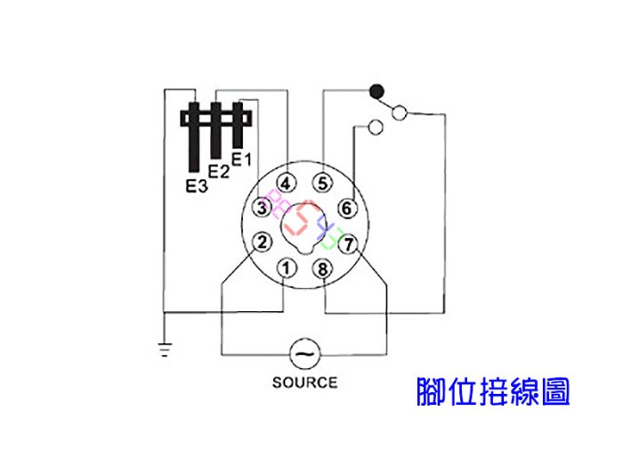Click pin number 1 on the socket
pyautogui.click(x=287, y=268)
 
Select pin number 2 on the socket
pyautogui.click(x=263, y=242)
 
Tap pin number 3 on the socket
pyautogui.click(x=262, y=208)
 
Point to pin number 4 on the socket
pyautogui.click(x=286, y=184)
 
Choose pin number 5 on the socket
pyautogui.click(x=322, y=184)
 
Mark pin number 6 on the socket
pyautogui.click(x=347, y=208)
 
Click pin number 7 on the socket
pyautogui.click(x=349, y=244)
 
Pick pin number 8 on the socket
pyautogui.click(x=322, y=269)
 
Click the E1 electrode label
pyautogui.click(x=241, y=160)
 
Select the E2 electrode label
pyautogui.click(x=219, y=171)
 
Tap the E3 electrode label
pyautogui.click(x=197, y=185)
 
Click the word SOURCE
pyautogui.click(x=304, y=382)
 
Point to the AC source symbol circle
pyautogui.click(x=304, y=354)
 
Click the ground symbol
pyautogui.click(x=165, y=349)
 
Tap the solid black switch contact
pyautogui.click(x=376, y=92)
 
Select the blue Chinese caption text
pyautogui.click(x=493, y=391)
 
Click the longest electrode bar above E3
pyautogui.click(x=194, y=137)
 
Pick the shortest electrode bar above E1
pyautogui.click(x=238, y=125)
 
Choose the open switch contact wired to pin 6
pyautogui.click(x=376, y=127)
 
